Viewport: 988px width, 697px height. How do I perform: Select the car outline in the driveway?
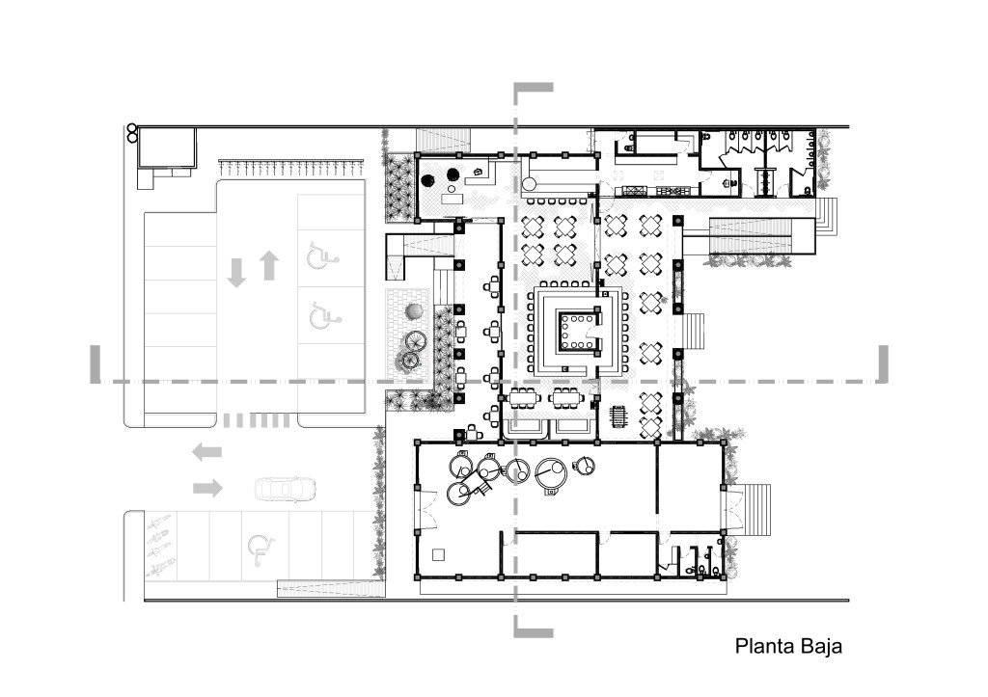coord(285,489)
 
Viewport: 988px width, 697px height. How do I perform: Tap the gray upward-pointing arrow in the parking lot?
coord(269,265)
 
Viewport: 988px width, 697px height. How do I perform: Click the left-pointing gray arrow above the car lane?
coord(207,451)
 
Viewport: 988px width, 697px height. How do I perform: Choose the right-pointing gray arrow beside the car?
coord(207,488)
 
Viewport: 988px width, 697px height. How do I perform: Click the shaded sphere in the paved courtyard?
coord(415,311)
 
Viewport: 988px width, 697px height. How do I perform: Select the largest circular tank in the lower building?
coord(551,473)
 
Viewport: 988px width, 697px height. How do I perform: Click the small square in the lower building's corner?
coord(439,554)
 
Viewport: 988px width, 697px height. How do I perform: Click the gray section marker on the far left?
coord(96,364)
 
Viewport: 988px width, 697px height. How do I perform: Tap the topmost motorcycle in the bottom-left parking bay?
coord(158,523)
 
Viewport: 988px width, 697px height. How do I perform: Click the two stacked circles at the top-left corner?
coord(131,132)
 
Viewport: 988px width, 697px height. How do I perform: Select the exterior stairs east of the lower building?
coord(758,509)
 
